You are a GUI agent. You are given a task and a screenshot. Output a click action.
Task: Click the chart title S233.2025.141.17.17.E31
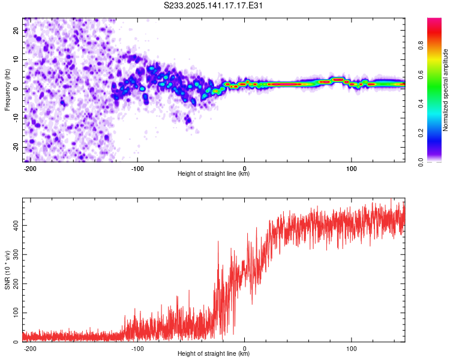pos(213,5)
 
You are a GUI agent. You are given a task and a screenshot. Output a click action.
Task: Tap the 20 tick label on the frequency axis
pos(16,30)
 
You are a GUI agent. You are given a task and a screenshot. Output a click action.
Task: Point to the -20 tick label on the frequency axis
pos(16,147)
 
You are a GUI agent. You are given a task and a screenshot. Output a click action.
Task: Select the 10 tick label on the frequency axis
pos(16,59)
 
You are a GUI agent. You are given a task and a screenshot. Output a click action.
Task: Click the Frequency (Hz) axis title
pos(7,90)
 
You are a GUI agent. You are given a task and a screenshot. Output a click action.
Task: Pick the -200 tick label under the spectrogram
pos(29,169)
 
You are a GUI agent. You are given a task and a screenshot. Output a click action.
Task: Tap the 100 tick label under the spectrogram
pos(351,169)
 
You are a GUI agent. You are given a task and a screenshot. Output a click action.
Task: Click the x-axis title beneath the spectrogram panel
pos(214,173)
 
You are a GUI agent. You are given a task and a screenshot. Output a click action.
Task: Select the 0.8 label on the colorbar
pos(421,46)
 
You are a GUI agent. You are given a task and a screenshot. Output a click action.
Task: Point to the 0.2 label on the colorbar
pos(421,133)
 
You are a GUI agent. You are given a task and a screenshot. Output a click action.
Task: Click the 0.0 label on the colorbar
pos(421,162)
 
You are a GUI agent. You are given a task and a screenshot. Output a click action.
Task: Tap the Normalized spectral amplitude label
pos(445,90)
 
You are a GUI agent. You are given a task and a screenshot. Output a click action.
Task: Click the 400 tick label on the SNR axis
pos(16,226)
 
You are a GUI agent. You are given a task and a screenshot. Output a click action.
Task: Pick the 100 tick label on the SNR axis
pos(16,313)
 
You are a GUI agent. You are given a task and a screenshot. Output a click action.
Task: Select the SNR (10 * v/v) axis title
pos(7,270)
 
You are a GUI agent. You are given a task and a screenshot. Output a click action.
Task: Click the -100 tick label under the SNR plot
pos(137,349)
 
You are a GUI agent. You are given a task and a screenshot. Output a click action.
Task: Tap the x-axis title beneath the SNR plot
pos(214,353)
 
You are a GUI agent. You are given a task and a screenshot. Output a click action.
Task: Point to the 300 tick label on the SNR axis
pos(16,254)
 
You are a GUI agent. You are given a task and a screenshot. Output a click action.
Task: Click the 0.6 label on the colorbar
pos(421,74)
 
